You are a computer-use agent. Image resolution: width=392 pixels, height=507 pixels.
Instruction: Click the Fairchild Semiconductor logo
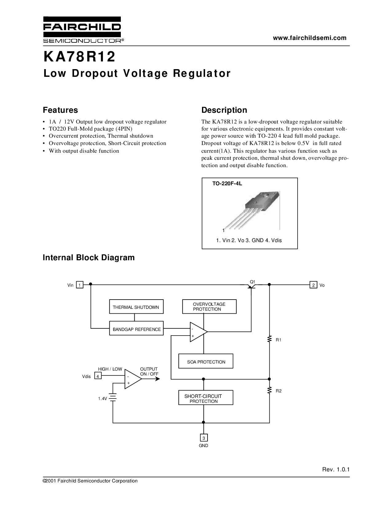83,29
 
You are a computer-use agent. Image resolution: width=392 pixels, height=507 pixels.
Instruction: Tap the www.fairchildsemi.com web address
310,38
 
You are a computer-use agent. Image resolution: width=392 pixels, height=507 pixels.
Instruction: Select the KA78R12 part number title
79,57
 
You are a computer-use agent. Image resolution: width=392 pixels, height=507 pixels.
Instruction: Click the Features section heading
60,110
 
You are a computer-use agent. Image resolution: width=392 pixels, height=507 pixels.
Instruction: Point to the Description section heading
224,110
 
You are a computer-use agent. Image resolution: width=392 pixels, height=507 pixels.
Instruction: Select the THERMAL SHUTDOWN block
136,307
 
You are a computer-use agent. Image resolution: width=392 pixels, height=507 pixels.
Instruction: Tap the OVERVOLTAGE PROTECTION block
209,307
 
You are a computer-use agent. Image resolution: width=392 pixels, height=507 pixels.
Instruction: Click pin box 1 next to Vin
80,285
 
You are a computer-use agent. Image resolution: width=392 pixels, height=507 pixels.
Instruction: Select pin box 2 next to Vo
313,285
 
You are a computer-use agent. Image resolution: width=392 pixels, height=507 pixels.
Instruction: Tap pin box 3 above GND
204,438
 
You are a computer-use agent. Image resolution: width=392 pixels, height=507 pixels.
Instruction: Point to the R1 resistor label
279,340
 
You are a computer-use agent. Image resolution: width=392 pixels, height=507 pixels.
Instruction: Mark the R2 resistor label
279,391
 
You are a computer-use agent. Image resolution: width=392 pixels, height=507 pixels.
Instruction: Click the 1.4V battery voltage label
102,399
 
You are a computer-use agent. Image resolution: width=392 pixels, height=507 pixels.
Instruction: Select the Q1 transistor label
252,281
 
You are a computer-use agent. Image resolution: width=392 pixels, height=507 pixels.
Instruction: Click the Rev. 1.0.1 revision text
336,470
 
